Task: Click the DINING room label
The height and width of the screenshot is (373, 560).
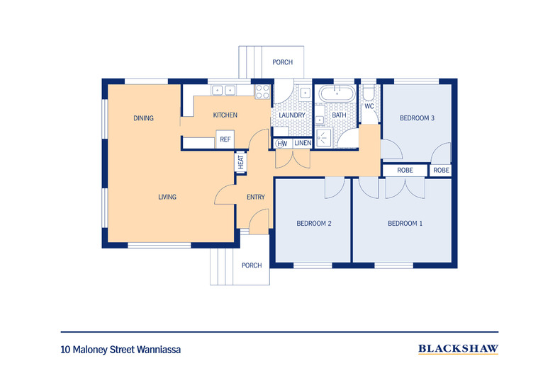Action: point(143,118)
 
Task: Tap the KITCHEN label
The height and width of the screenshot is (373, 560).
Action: point(225,115)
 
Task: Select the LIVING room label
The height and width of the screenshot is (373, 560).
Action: point(167,197)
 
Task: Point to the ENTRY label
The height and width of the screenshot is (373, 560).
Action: point(255,197)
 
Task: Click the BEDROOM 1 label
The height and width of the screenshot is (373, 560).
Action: point(405,224)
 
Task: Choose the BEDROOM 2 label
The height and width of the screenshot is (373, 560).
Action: point(313,224)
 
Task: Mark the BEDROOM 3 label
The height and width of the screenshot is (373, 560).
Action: point(416,118)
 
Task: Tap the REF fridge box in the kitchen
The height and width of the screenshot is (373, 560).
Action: point(225,139)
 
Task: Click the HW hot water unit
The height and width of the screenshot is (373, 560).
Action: point(282,144)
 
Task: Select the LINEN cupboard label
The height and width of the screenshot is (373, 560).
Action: point(303,144)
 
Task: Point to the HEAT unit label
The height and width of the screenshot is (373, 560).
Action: point(241,161)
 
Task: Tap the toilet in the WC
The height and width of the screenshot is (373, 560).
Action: point(369,94)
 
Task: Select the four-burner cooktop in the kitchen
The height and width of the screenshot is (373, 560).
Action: point(262,91)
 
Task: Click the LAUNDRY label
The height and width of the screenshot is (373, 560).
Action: point(291,115)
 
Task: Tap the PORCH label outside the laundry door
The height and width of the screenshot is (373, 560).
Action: point(282,62)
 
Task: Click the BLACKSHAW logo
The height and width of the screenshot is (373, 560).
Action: point(458,348)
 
